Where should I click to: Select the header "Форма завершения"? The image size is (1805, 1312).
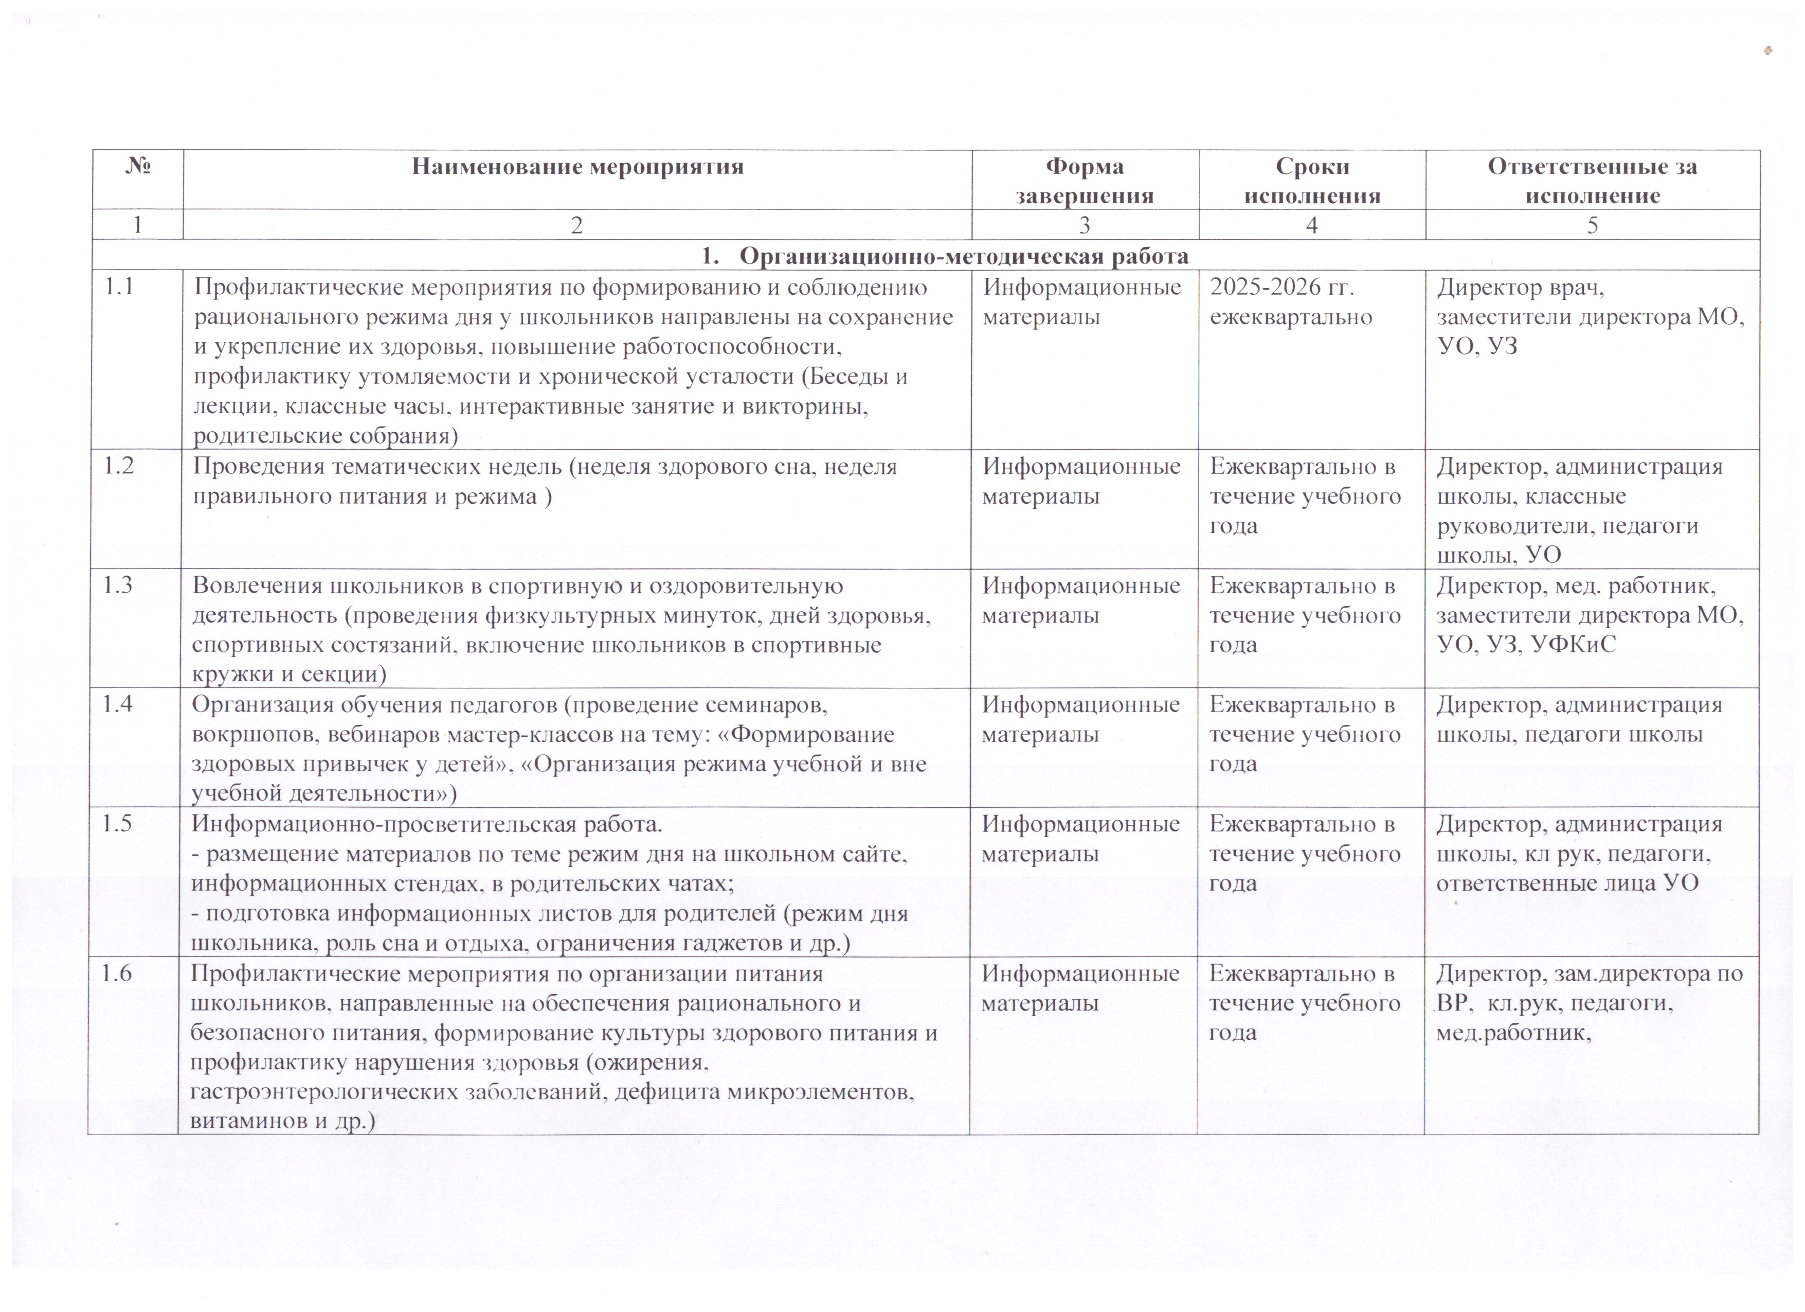click(1084, 181)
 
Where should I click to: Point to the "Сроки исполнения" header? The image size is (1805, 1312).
click(1311, 181)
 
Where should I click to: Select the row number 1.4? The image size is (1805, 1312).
click(117, 704)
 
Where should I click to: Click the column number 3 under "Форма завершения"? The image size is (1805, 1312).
click(1084, 225)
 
